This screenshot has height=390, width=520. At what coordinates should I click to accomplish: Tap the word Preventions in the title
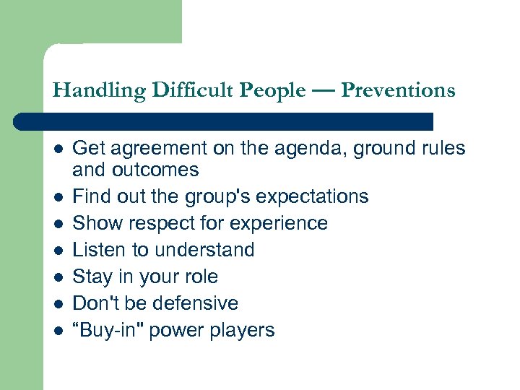[398, 91]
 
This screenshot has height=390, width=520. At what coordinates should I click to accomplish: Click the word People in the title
[272, 91]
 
